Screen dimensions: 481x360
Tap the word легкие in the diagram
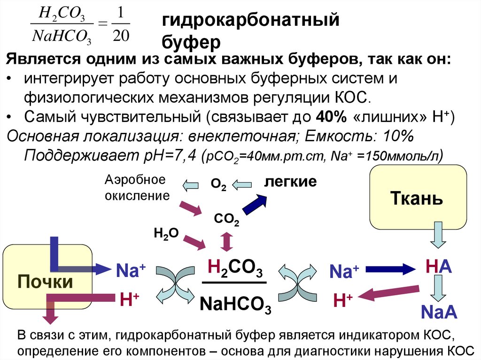(x=290, y=182)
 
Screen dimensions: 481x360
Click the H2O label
(x=166, y=234)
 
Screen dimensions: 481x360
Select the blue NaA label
(x=439, y=311)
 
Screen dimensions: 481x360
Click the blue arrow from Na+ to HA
(x=391, y=269)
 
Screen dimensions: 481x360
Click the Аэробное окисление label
(x=136, y=188)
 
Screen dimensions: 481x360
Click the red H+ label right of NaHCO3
(x=343, y=300)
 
